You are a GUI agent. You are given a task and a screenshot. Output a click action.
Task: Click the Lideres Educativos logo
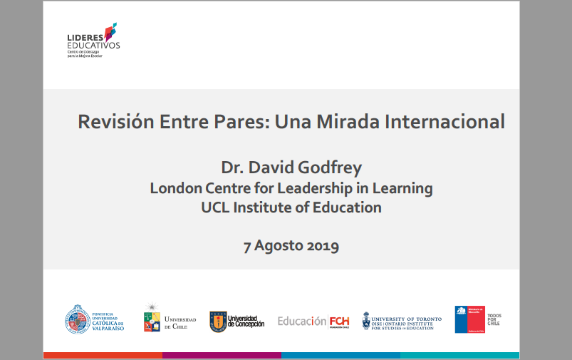pyautogui.click(x=93, y=40)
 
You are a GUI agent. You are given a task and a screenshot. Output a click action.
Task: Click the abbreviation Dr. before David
pyautogui.click(x=232, y=168)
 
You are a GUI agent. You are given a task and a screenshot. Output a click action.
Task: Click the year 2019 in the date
pyautogui.click(x=323, y=247)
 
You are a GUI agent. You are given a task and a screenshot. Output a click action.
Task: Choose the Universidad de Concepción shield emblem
pyautogui.click(x=217, y=322)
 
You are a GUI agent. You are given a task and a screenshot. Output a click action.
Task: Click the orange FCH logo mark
pyautogui.click(x=340, y=322)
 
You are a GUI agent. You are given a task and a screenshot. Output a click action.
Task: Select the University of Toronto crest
pyautogui.click(x=366, y=321)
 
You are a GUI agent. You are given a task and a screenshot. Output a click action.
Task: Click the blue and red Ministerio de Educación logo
pyautogui.click(x=469, y=319)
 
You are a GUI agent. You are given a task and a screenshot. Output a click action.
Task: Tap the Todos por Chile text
pyautogui.click(x=493, y=319)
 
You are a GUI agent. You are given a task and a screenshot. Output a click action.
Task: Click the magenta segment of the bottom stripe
pyautogui.click(x=222, y=355)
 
